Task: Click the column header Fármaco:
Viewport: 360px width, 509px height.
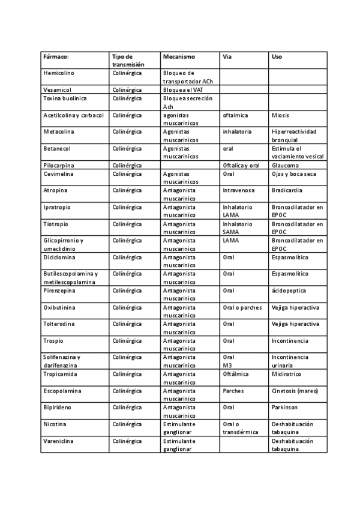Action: coord(56,56)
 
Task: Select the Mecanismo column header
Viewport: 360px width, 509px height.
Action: coord(179,56)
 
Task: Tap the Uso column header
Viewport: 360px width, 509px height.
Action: coord(277,56)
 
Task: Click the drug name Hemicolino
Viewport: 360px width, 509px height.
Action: coord(59,73)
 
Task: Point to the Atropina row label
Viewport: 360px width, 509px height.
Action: coord(56,190)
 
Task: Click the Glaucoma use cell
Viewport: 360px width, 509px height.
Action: coord(285,165)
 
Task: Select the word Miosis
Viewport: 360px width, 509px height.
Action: coord(281,115)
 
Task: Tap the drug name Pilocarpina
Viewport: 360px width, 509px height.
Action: coord(59,165)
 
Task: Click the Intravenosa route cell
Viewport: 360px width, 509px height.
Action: coord(238,190)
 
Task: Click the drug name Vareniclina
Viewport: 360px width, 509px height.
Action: coord(59,441)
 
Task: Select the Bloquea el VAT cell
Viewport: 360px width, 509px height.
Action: coord(183,89)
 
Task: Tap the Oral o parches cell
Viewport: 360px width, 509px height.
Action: coord(242,307)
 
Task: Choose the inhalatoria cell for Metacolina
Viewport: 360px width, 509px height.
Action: coord(237,131)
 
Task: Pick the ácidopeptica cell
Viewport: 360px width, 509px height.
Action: coord(289,291)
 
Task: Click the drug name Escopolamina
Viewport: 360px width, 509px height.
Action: coord(62,391)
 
